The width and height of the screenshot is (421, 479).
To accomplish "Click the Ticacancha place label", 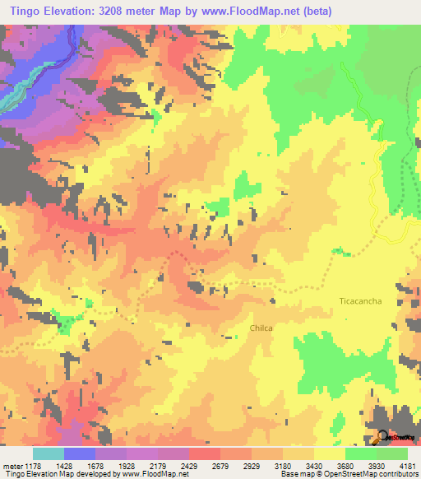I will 360,301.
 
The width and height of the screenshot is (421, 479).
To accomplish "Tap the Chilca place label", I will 261,328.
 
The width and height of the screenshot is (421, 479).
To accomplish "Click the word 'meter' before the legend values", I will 11,466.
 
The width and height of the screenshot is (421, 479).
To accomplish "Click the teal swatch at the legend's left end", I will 48,453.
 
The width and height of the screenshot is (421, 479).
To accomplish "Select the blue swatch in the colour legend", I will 79,453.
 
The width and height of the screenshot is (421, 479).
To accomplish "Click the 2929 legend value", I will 251,466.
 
